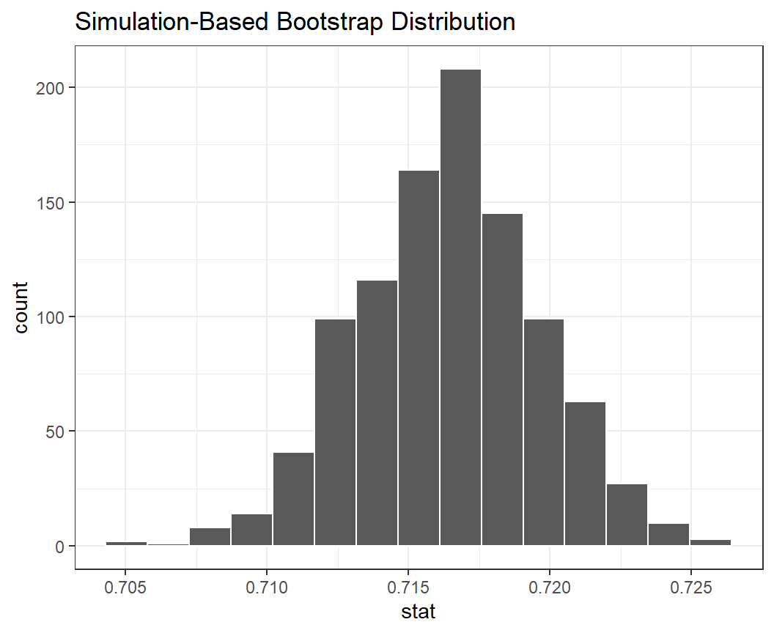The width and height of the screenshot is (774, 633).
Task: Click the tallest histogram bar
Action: (461, 308)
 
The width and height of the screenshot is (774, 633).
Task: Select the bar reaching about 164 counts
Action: (419, 358)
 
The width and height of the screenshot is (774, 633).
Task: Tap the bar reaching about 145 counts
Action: (503, 380)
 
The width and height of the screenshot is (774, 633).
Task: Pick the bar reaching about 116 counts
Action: (377, 413)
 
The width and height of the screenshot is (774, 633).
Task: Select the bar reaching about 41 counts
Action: (294, 499)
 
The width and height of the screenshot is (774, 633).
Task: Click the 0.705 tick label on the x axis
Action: (125, 589)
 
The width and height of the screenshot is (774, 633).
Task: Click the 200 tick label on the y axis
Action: (51, 88)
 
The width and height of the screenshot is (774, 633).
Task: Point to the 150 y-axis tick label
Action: (51, 202)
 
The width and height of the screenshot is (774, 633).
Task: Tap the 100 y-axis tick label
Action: (51, 317)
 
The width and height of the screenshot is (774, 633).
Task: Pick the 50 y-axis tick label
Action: (56, 432)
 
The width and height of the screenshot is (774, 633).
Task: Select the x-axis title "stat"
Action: (419, 612)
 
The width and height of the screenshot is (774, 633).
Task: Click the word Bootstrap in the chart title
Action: (330, 23)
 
